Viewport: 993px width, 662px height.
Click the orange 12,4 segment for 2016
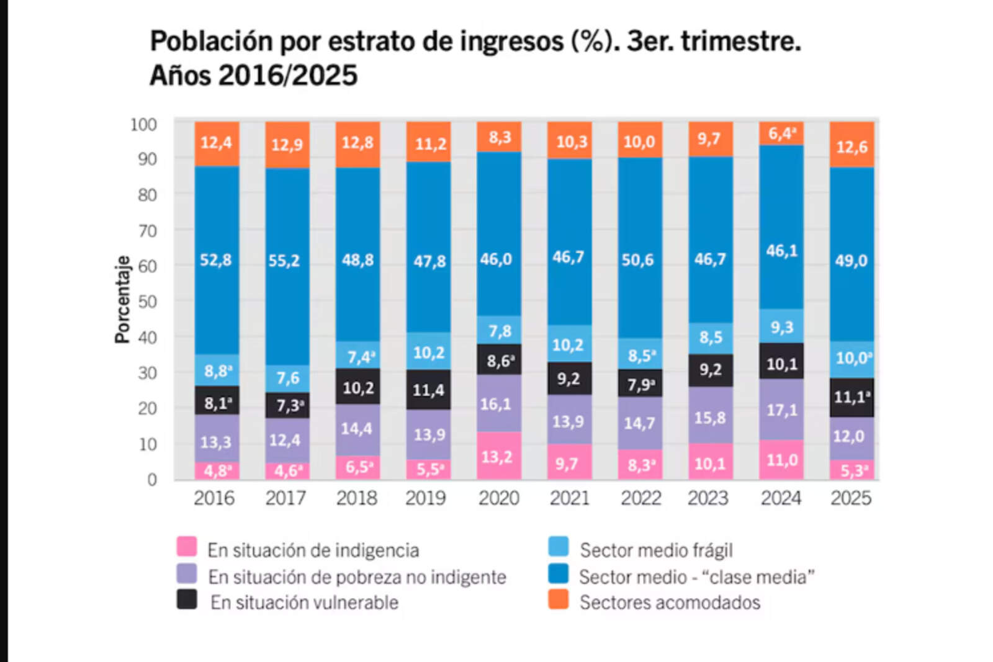216,143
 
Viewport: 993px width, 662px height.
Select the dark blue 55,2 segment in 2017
287,261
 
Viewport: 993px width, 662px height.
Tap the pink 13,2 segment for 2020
498,456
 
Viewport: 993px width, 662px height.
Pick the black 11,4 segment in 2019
428,390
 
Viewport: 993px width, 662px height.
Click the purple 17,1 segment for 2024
781,409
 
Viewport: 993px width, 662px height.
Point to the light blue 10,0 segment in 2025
851,359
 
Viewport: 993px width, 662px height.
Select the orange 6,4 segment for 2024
781,133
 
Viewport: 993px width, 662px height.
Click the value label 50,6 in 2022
638,259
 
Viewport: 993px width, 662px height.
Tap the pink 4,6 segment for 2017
287,471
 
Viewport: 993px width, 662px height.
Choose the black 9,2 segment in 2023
710,370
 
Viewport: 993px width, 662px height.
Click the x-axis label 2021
569,498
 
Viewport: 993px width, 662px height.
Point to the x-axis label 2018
356,498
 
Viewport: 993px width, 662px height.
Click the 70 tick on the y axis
147,231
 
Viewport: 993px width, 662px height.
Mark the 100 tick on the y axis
143,125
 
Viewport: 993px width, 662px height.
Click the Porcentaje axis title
122,299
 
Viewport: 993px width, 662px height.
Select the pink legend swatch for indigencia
186,547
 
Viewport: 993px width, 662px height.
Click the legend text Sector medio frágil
656,550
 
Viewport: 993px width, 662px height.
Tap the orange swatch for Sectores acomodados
559,599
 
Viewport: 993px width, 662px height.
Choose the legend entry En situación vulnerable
304,602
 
